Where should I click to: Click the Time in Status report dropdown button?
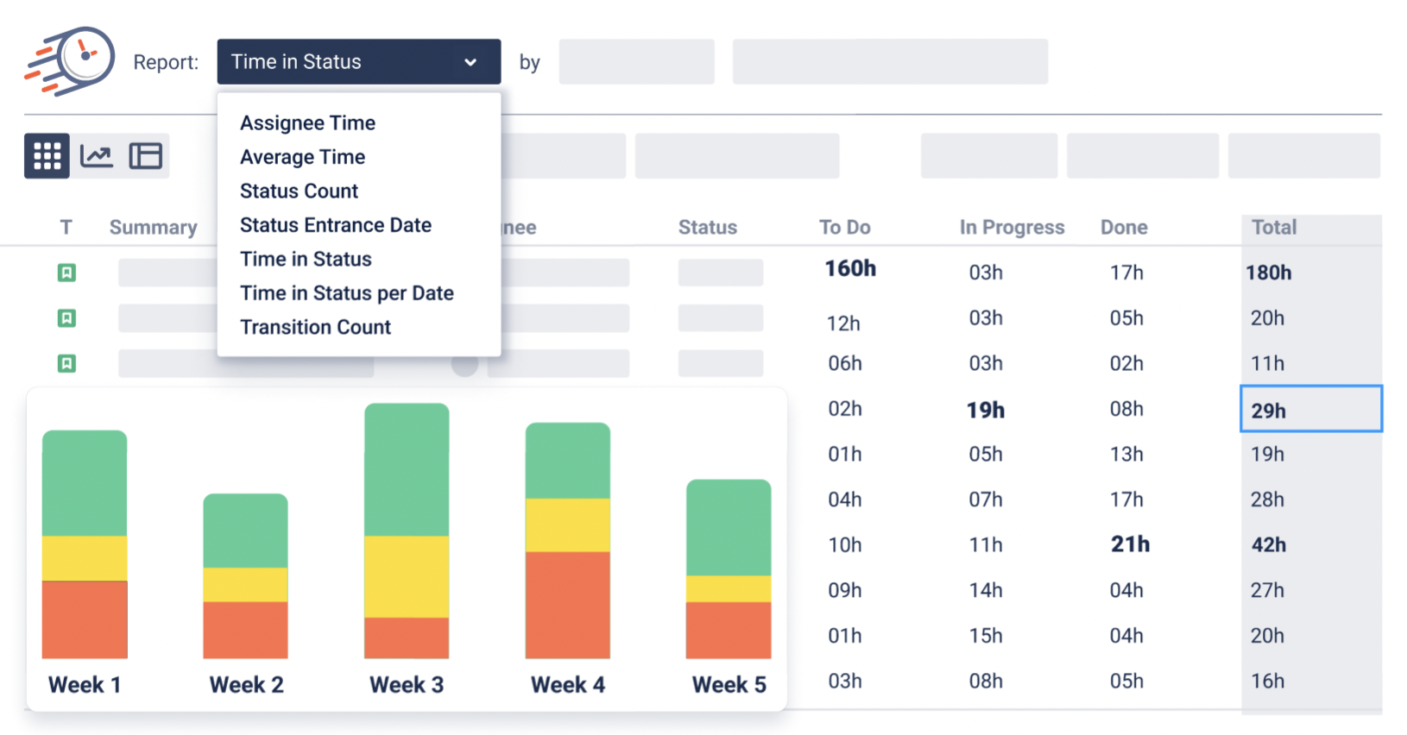358,61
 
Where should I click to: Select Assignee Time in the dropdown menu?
307,122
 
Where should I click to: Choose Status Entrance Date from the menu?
335,225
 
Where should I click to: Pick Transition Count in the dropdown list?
315,327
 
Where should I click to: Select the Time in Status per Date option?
346,293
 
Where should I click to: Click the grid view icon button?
47,156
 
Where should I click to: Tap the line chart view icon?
96,156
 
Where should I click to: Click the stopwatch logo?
71,60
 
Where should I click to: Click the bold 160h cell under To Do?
849,269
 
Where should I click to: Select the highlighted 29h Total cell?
1309,410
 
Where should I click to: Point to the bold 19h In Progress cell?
985,410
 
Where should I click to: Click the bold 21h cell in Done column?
1129,544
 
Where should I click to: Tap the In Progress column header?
1012,227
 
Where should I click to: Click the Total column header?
1273,227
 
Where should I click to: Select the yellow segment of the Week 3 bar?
407,576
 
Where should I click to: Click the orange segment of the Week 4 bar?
567,604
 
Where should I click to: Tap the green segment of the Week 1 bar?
85,483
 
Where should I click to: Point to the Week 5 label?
729,685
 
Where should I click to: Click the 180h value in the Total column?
1268,273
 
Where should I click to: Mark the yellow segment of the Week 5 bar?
728,588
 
